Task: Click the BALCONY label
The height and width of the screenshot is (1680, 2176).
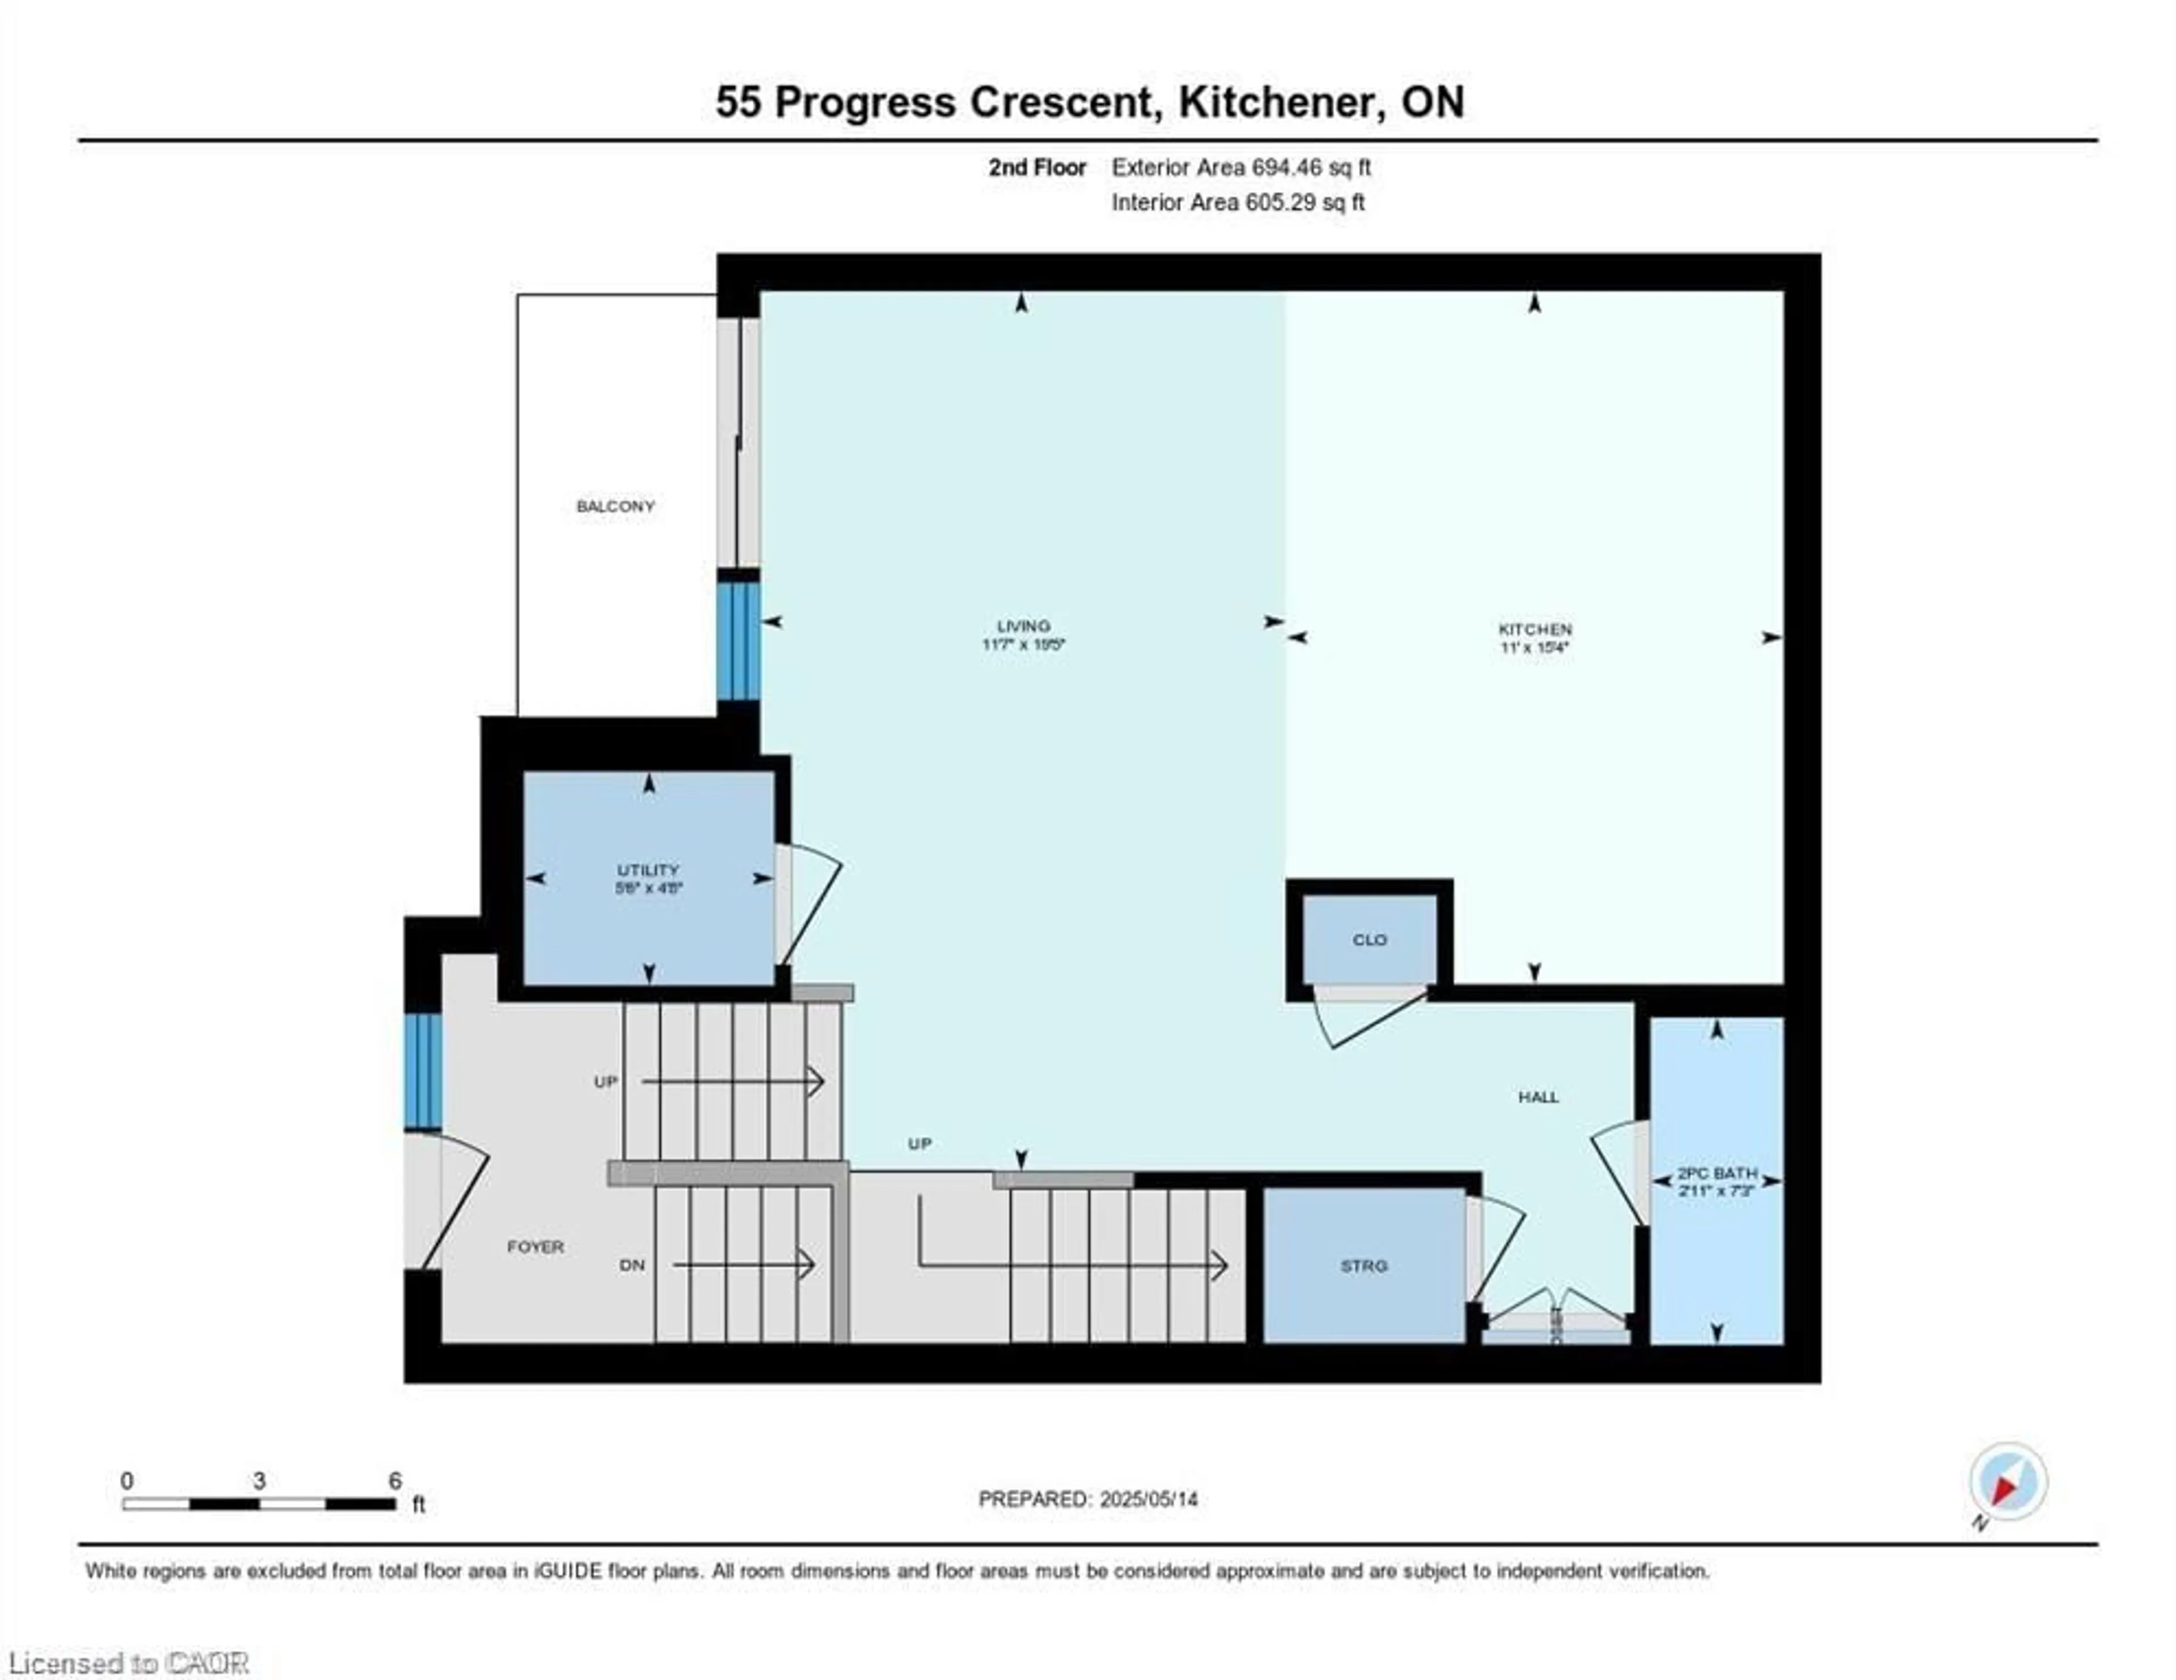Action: [x=616, y=506]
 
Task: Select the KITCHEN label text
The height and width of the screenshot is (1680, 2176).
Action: [x=1535, y=630]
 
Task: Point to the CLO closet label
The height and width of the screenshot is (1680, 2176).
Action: [x=1370, y=939]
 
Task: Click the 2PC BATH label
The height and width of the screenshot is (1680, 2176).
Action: [x=1716, y=1173]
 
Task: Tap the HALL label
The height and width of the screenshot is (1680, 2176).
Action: [x=1538, y=1096]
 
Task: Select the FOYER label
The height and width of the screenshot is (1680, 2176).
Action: [x=535, y=1246]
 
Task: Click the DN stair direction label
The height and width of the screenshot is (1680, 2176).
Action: [x=632, y=1265]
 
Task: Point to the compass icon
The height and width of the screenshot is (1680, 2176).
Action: [x=2008, y=1482]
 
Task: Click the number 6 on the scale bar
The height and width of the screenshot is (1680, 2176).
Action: [x=394, y=1481]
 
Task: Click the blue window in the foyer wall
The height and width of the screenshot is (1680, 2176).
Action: [x=422, y=1071]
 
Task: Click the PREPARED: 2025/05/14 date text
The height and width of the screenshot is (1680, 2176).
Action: [x=1088, y=1499]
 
